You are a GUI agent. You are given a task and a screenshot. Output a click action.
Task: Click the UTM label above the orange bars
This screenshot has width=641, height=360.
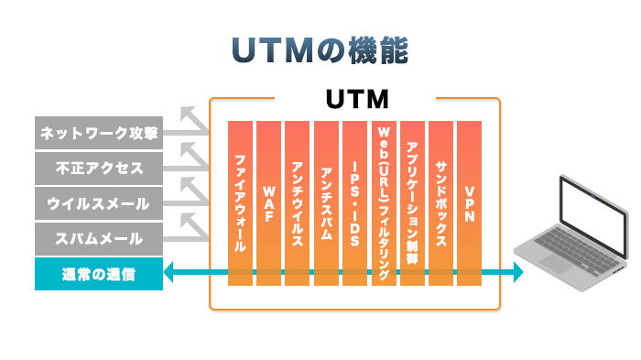coord(358,97)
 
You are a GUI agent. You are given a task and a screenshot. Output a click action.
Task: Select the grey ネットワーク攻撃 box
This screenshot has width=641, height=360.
coord(99,133)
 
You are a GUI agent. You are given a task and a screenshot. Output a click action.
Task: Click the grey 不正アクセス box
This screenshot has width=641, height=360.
coord(99,168)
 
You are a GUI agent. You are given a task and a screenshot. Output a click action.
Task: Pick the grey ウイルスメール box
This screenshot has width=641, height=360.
coord(99,202)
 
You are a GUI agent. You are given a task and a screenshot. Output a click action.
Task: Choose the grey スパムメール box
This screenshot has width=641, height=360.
coord(99,237)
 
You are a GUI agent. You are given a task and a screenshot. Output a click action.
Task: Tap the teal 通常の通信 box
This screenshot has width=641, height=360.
coord(99,273)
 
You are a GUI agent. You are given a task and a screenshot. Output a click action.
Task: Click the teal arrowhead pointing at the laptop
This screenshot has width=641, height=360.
coord(517,272)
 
